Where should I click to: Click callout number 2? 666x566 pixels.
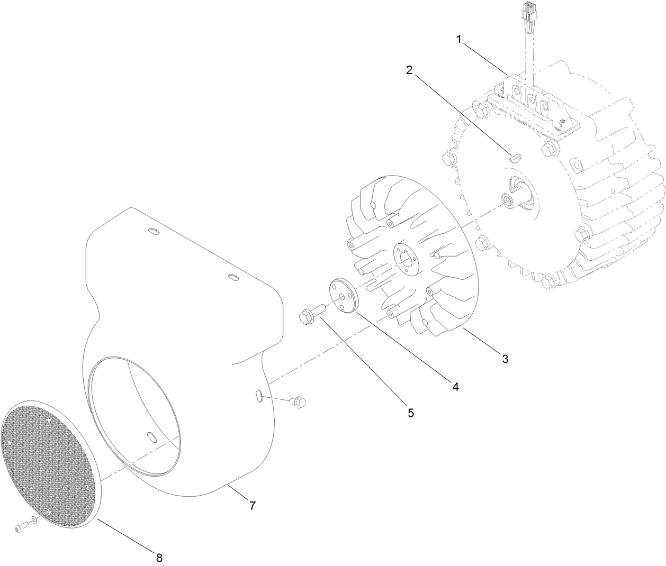coord(409,70)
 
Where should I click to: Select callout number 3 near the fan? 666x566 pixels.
coord(505,359)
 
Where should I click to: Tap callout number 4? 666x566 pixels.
coord(455,387)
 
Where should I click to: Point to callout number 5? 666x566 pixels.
coord(411,413)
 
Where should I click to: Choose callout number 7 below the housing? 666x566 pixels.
coord(253,505)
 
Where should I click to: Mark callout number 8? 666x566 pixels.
coord(159,556)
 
